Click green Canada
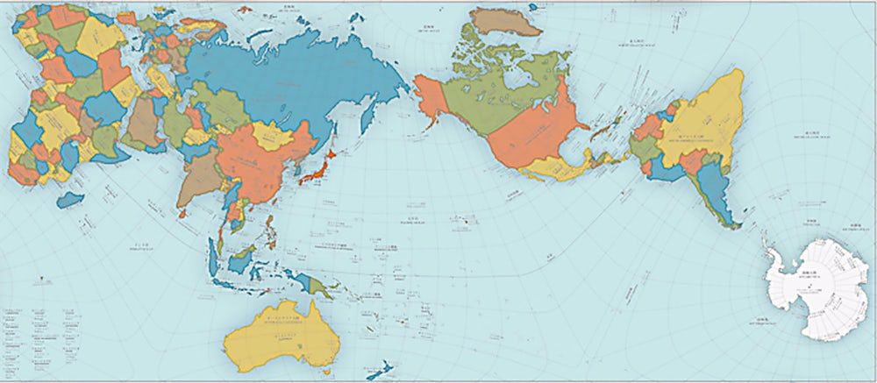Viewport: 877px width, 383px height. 491,96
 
